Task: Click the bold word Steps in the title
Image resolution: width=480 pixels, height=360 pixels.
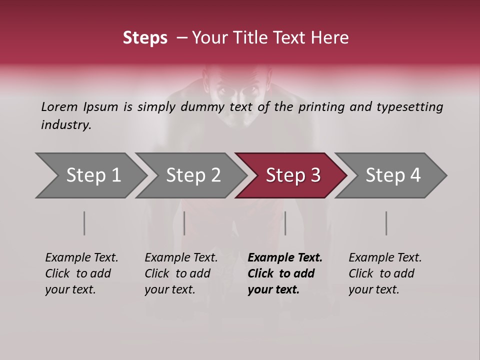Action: [145, 38]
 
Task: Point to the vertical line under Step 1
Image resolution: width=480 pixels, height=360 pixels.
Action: [84, 223]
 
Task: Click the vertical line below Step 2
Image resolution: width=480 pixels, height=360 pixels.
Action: [184, 223]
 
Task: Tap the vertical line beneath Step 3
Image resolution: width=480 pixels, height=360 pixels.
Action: [285, 223]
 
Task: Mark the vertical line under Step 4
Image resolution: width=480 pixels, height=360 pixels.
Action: [386, 223]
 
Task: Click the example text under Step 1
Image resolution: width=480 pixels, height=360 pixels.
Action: [81, 273]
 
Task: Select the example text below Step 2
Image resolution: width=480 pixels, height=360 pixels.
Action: [181, 273]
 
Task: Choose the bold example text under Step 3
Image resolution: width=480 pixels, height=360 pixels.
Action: [285, 273]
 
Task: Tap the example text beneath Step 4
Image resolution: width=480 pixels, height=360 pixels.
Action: [385, 273]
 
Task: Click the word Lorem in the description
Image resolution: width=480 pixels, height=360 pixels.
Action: [58, 107]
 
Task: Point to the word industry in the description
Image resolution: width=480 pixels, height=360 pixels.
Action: [65, 125]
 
